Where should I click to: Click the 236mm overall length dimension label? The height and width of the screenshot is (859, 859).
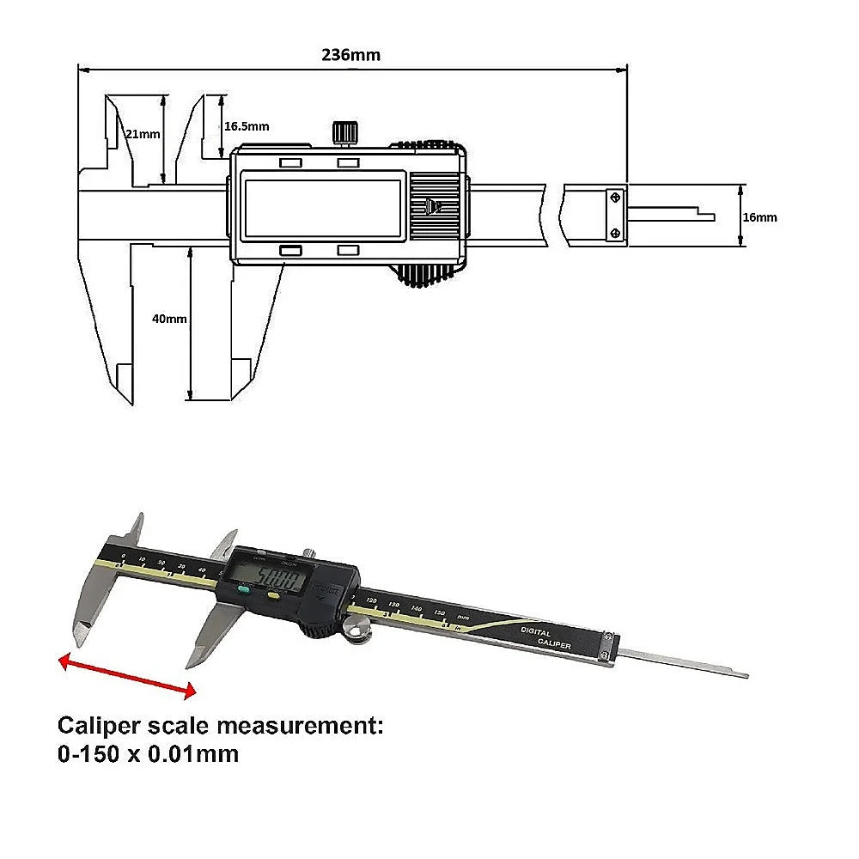coord(350,55)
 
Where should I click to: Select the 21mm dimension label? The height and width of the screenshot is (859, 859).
coord(143,134)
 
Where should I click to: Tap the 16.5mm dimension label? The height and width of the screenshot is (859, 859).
coord(246,126)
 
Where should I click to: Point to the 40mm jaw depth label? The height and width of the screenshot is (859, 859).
coord(168,319)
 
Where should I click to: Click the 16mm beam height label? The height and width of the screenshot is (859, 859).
coord(759,217)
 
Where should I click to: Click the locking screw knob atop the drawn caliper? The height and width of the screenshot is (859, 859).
coord(345,131)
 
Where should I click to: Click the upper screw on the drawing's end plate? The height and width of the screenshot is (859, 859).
coord(616,198)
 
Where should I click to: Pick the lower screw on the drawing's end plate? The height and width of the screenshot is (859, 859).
coord(616,233)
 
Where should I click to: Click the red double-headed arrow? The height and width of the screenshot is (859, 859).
coord(127,674)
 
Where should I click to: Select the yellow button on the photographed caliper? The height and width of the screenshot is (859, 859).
coord(273,594)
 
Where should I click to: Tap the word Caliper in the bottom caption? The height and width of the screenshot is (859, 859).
coord(96,726)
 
